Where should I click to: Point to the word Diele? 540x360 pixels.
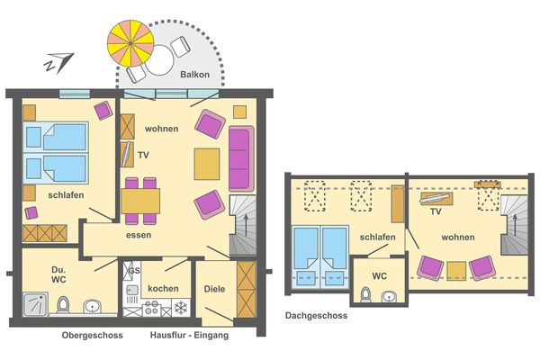(x=215, y=289)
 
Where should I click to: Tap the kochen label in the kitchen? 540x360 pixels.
(x=164, y=288)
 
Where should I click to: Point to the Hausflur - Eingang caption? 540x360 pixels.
(x=189, y=336)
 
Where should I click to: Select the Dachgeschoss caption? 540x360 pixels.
(x=316, y=316)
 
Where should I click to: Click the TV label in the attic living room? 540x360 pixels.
(x=435, y=212)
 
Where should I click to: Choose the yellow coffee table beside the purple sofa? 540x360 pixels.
(x=207, y=163)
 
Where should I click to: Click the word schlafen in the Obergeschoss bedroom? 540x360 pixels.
(x=42, y=193)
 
